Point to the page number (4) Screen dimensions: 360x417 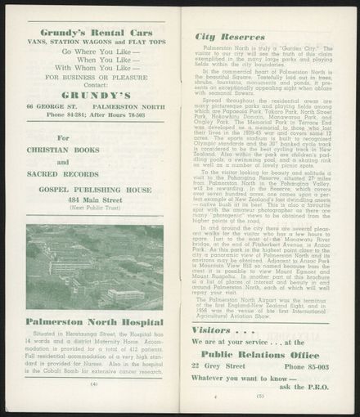[x=94, y=383]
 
